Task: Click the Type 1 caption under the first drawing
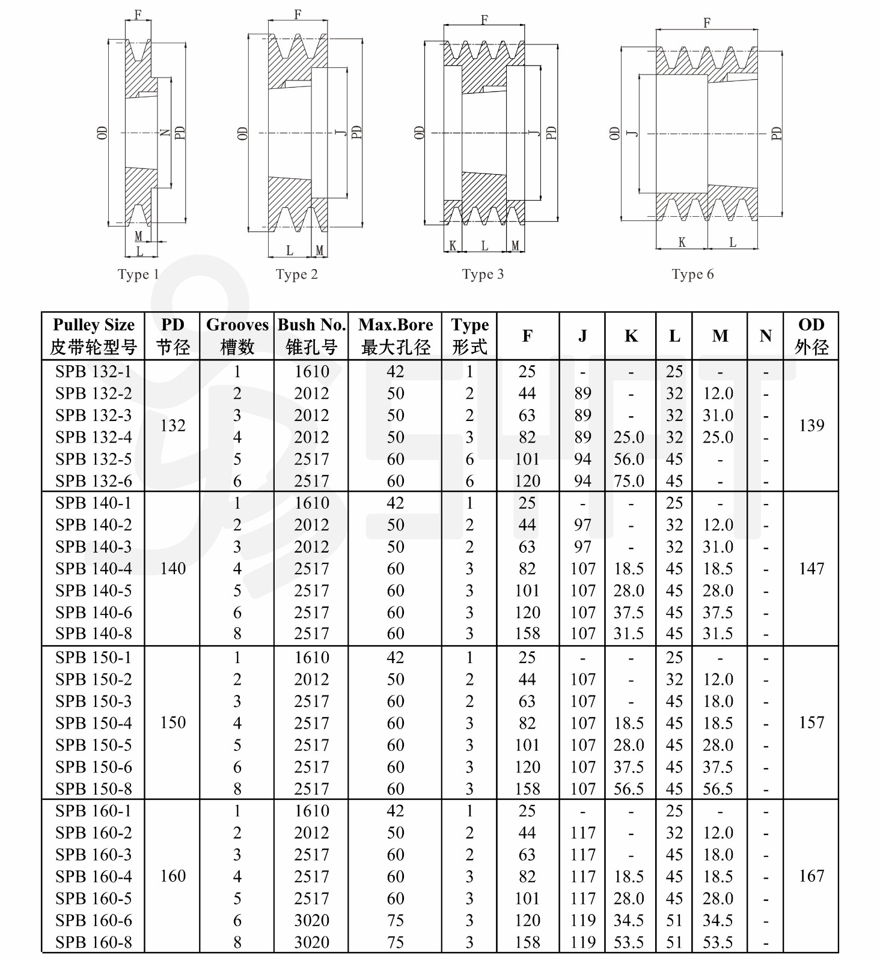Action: (138, 274)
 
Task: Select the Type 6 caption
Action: (692, 274)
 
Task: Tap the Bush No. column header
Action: (311, 336)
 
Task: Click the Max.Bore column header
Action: (396, 336)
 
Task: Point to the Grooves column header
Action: (237, 336)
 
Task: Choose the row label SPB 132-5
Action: (93, 459)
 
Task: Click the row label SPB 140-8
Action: (93, 633)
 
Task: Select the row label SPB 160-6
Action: (93, 920)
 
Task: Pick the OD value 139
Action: (811, 425)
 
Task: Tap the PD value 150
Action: (173, 722)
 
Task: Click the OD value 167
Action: (811, 876)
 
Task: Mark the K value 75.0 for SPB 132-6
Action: (629, 481)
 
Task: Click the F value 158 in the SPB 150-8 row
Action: (527, 789)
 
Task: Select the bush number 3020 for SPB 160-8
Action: (311, 942)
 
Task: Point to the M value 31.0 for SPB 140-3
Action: (718, 547)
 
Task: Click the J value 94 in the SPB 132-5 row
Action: (582, 459)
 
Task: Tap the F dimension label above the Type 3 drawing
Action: (484, 20)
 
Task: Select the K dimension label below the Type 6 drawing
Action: (682, 242)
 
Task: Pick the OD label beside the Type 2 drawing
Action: (242, 133)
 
